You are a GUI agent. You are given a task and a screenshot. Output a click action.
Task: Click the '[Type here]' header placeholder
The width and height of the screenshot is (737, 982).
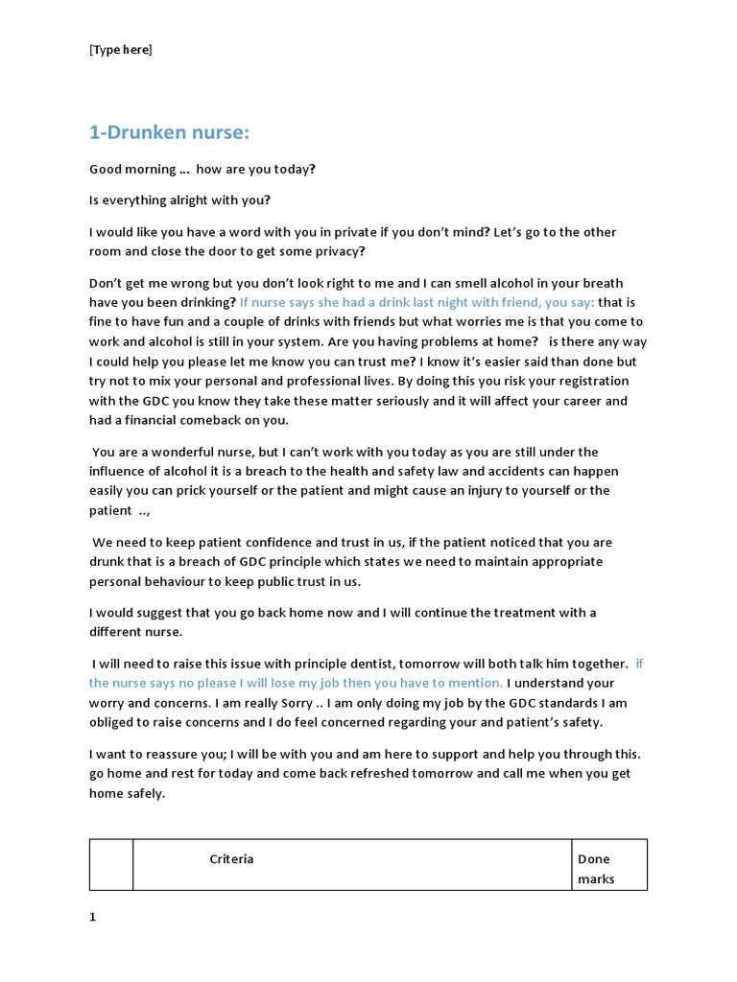coord(121,50)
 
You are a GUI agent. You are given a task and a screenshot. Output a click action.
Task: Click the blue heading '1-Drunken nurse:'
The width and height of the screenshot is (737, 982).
coord(175,133)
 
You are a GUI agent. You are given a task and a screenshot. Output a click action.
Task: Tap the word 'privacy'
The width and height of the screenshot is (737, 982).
coord(337,251)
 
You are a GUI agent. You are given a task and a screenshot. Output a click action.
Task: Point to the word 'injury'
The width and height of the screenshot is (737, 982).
coord(477,490)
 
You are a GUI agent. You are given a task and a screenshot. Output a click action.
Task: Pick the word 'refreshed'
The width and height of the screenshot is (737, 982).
coord(363,773)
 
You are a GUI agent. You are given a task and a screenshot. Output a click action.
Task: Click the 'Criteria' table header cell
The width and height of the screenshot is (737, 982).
coord(231,858)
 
